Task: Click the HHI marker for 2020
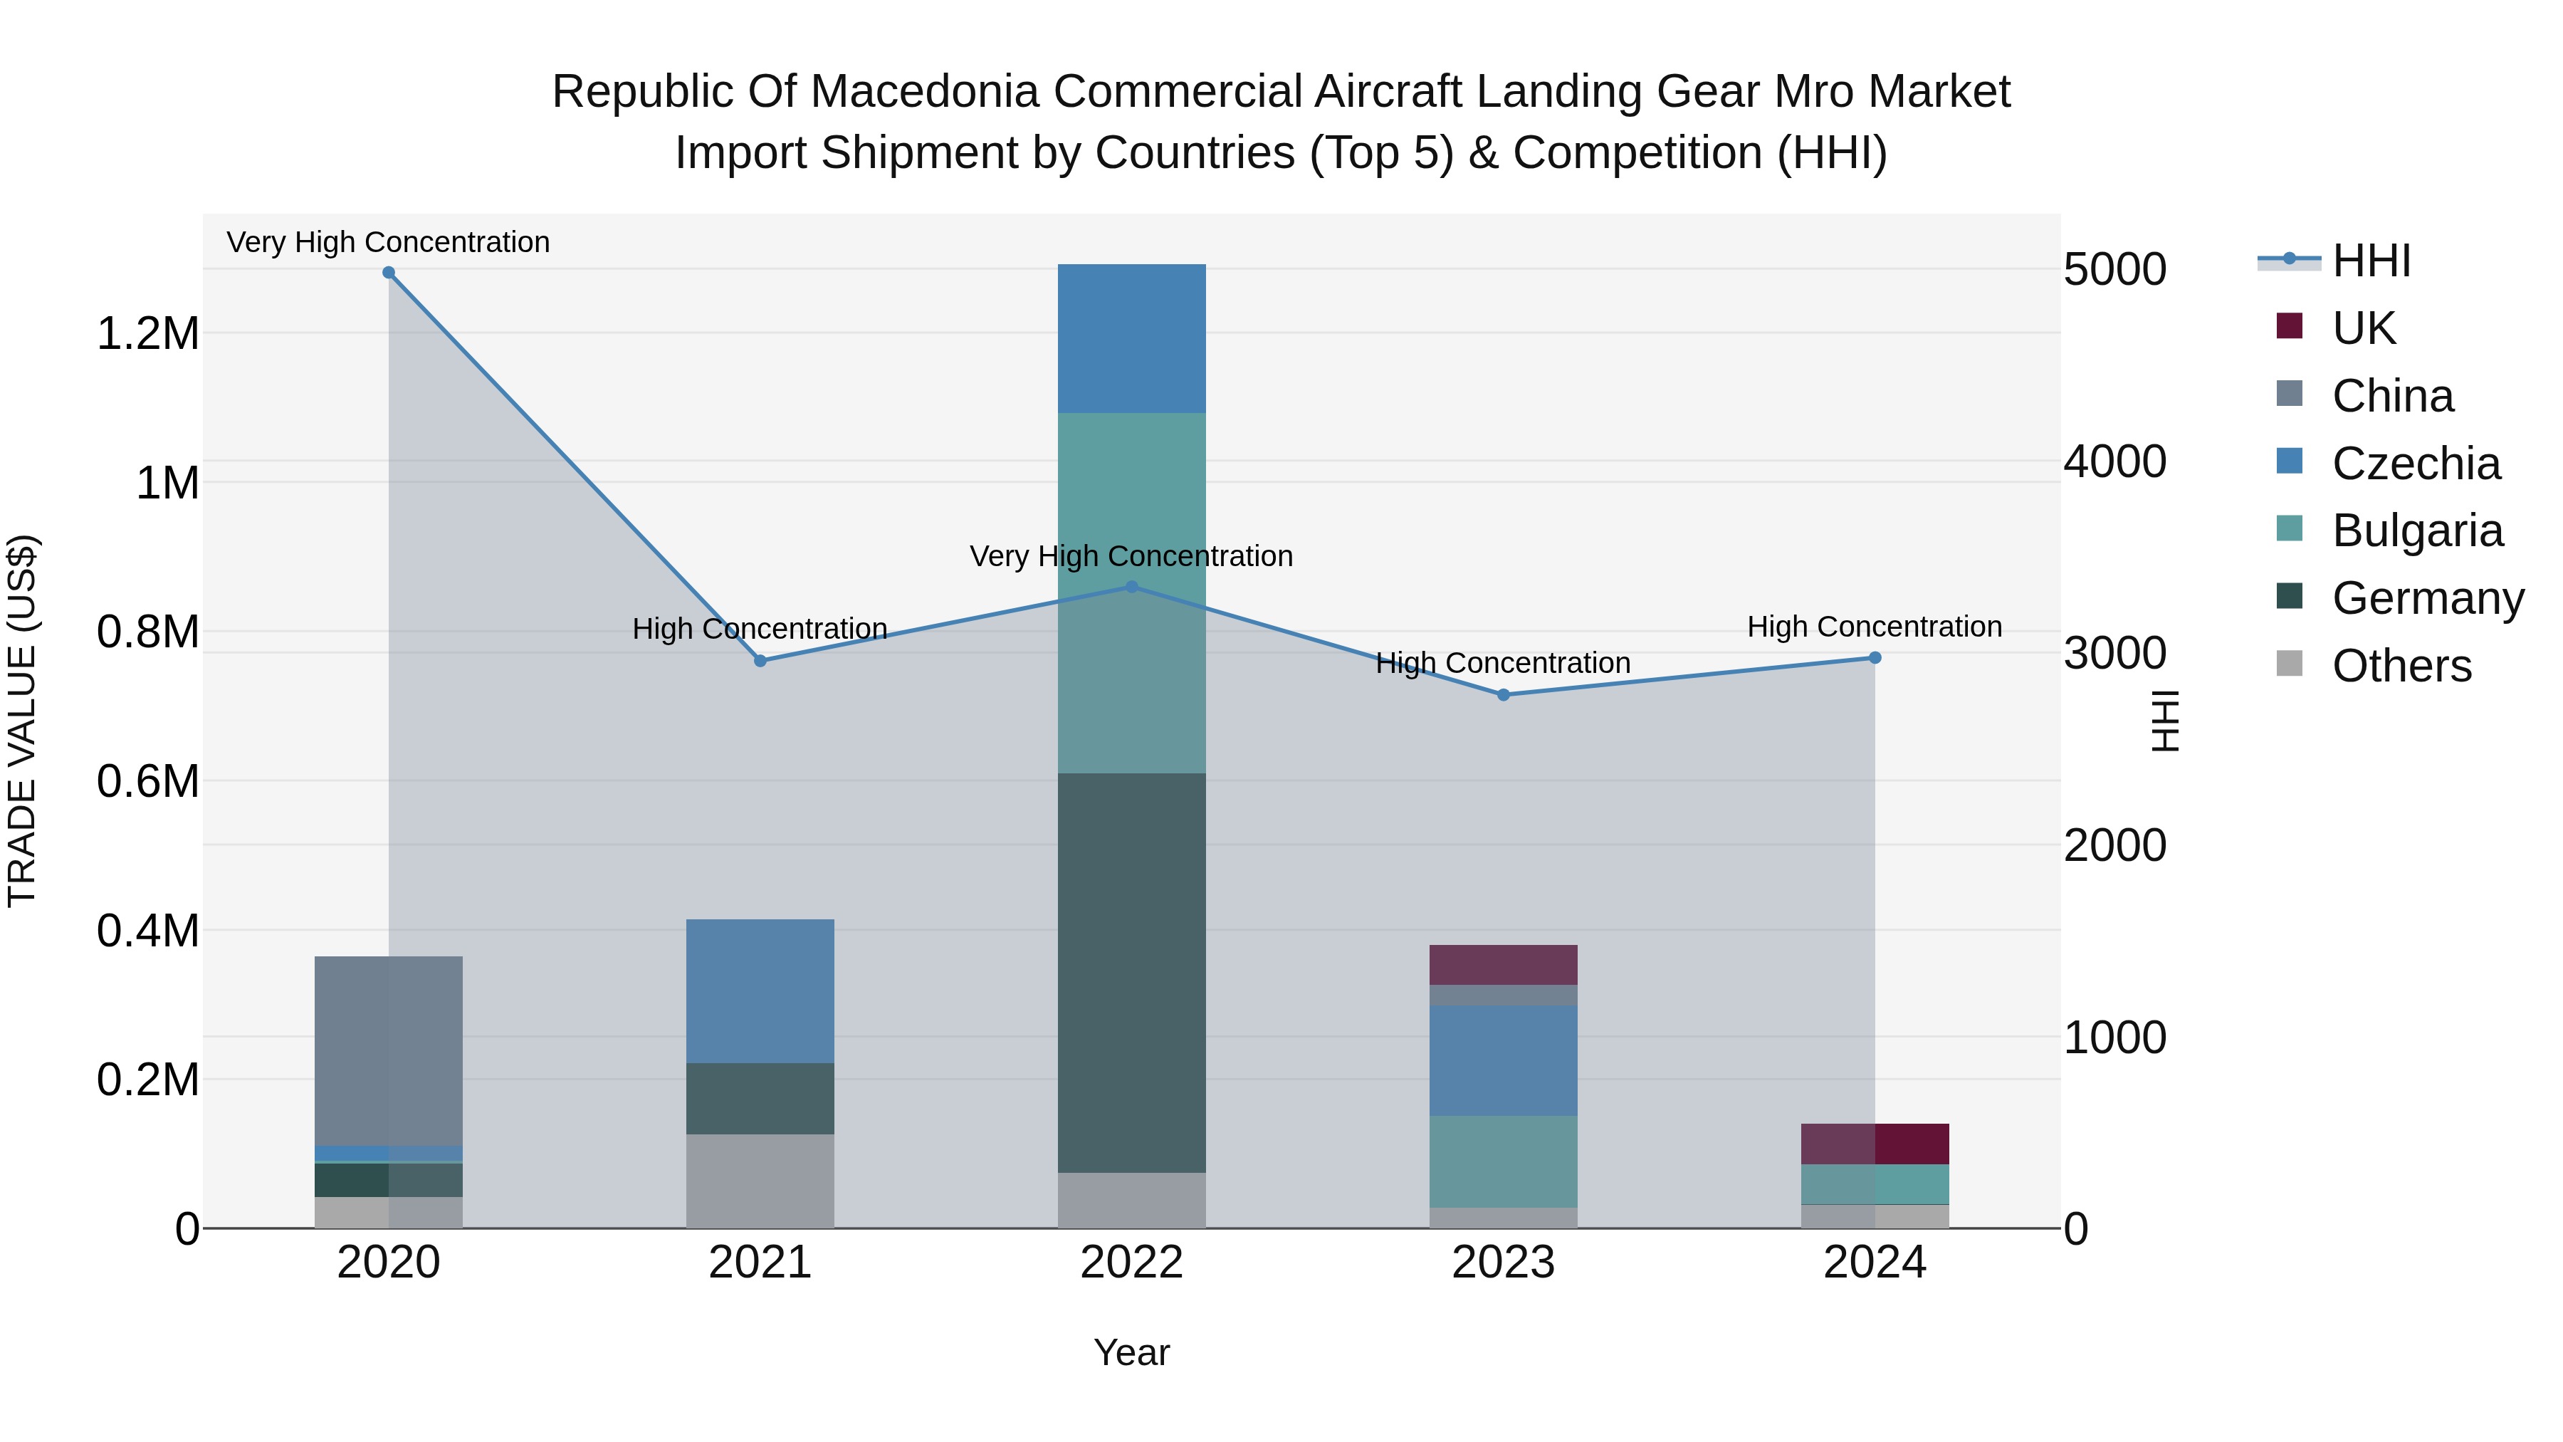[389, 273]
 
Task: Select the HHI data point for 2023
[1504, 694]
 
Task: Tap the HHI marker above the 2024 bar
[1875, 658]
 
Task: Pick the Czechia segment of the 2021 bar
[760, 991]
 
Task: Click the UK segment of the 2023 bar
[1504, 964]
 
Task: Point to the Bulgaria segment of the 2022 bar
[1131, 593]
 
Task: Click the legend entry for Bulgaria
[2417, 531]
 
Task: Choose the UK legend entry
[2363, 328]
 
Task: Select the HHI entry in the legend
[2370, 261]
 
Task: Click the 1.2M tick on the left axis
[147, 333]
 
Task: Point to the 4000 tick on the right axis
[2114, 461]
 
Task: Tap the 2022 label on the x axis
[1131, 1263]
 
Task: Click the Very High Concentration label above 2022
[1131, 556]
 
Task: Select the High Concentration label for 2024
[1875, 627]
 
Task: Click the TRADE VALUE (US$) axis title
[22, 721]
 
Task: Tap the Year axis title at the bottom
[1131, 1352]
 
